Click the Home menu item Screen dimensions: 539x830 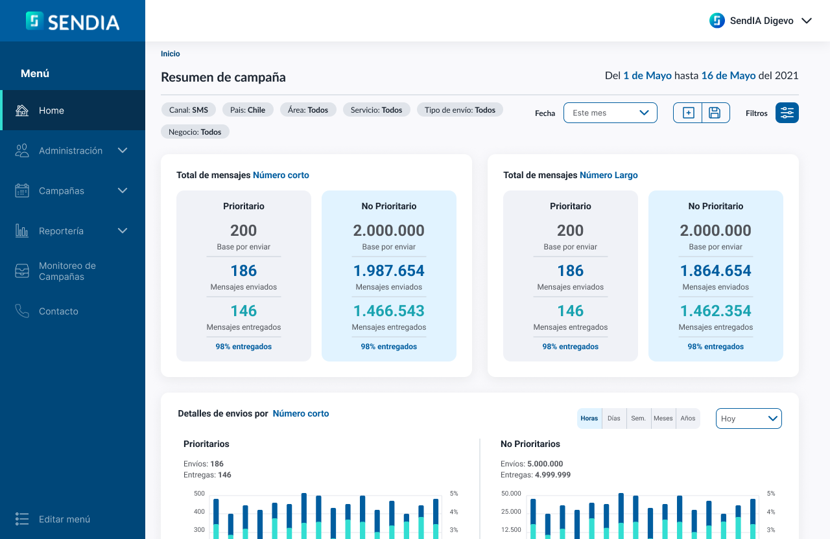coord(51,111)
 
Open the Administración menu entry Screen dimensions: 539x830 coord(71,151)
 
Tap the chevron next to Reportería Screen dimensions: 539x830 coord(123,231)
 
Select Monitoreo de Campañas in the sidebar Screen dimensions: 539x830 coord(67,271)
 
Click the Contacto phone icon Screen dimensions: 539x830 coord(22,312)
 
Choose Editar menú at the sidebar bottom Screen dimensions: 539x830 coord(64,519)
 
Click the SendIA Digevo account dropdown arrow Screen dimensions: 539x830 coord(807,21)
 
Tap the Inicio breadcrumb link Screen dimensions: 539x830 coord(171,54)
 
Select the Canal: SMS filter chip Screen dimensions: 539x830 coord(189,110)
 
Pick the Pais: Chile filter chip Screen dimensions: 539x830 coord(248,110)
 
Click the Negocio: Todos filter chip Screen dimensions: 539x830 coord(195,132)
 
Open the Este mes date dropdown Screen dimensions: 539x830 coord(610,113)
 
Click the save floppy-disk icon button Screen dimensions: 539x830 coord(715,113)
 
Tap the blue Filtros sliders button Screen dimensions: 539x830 coord(787,113)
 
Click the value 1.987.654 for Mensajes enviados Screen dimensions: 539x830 coord(389,271)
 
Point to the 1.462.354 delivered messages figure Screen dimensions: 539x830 coord(716,311)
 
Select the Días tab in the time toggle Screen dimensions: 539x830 coord(614,419)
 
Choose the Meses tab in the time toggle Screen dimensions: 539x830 coord(663,419)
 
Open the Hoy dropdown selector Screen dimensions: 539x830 coord(749,419)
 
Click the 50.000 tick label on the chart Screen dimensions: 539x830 coord(511,494)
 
